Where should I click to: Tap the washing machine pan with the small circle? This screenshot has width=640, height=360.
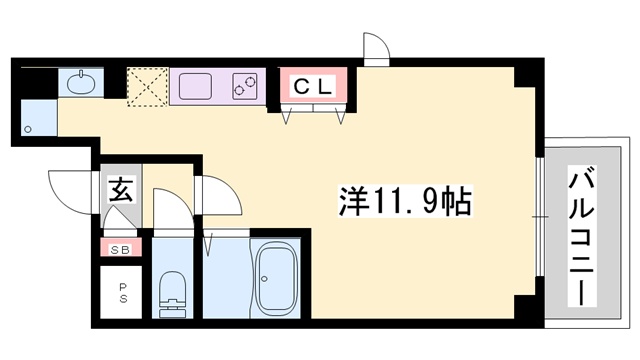(x=38, y=117)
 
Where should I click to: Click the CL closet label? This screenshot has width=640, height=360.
(x=313, y=87)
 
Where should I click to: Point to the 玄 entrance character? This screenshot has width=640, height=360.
(x=119, y=190)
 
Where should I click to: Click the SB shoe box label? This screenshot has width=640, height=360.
(x=120, y=247)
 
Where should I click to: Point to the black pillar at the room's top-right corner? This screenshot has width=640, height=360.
(x=522, y=77)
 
